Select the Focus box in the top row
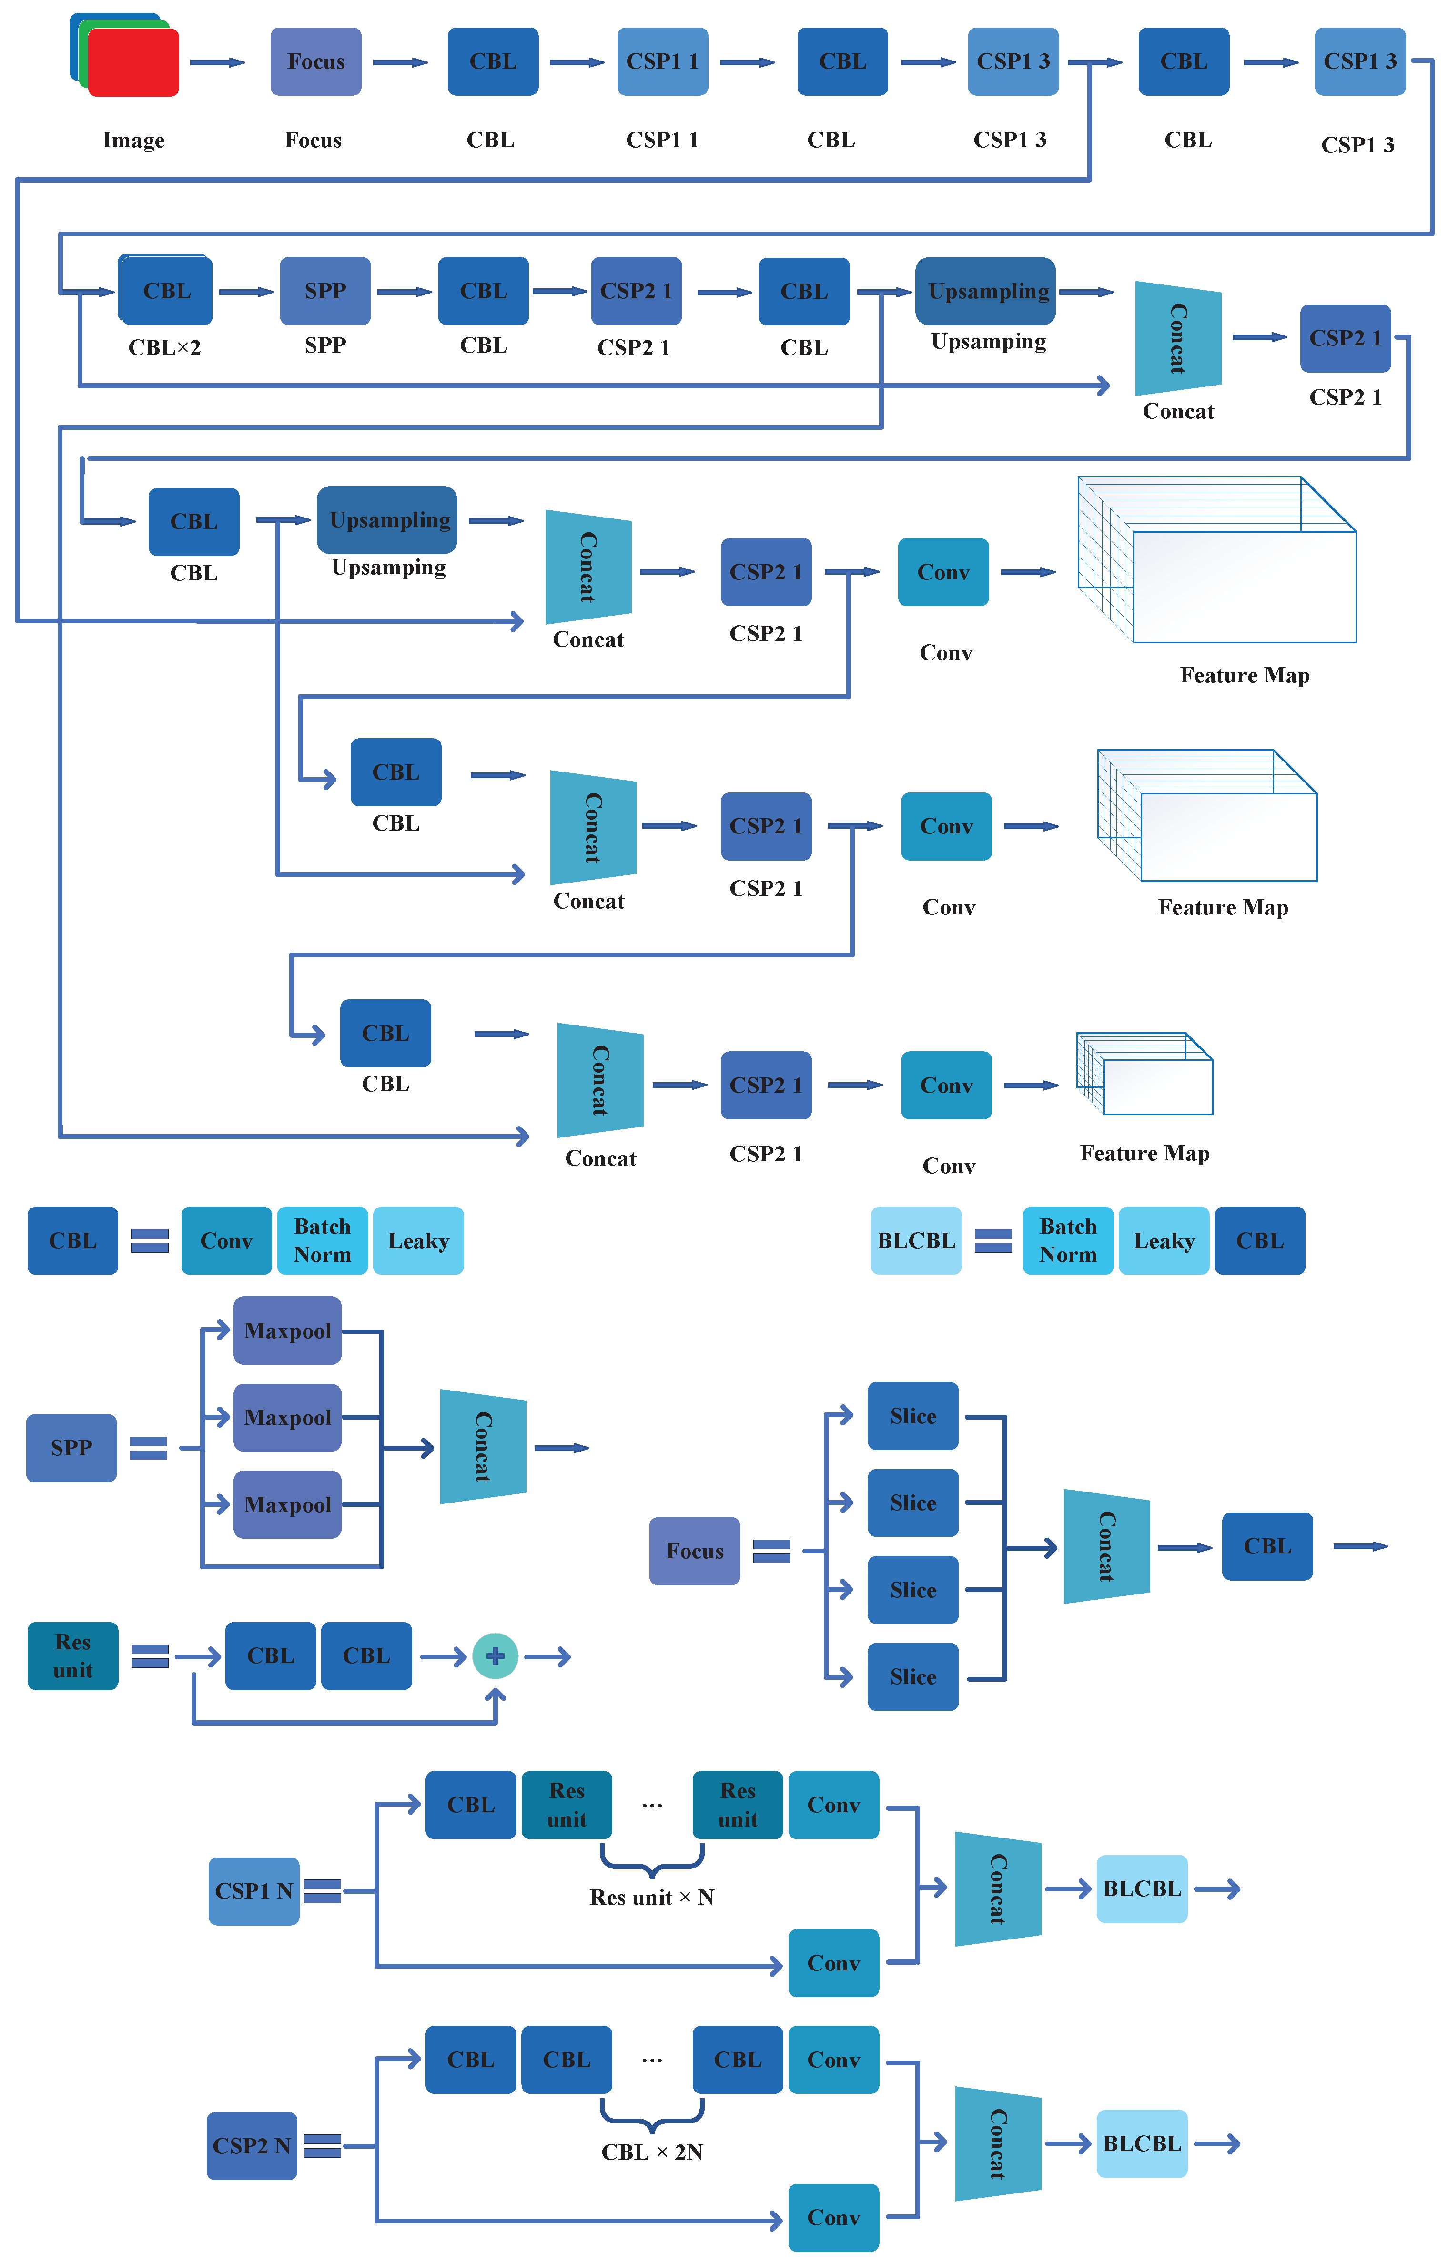(x=316, y=62)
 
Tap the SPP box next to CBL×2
(x=325, y=292)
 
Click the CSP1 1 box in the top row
(x=662, y=62)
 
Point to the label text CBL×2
(x=164, y=348)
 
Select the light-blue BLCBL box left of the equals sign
(x=916, y=1241)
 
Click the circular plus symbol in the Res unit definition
(x=496, y=1656)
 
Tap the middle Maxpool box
(x=288, y=1418)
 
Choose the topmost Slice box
(x=913, y=1416)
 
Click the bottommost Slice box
(x=913, y=1677)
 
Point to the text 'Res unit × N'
(x=652, y=1898)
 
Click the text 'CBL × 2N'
(x=652, y=2152)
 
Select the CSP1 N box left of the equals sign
(x=254, y=1891)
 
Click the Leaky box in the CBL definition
(x=418, y=1241)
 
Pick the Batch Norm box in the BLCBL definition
(x=1068, y=1241)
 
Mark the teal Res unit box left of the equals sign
(x=72, y=1656)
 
